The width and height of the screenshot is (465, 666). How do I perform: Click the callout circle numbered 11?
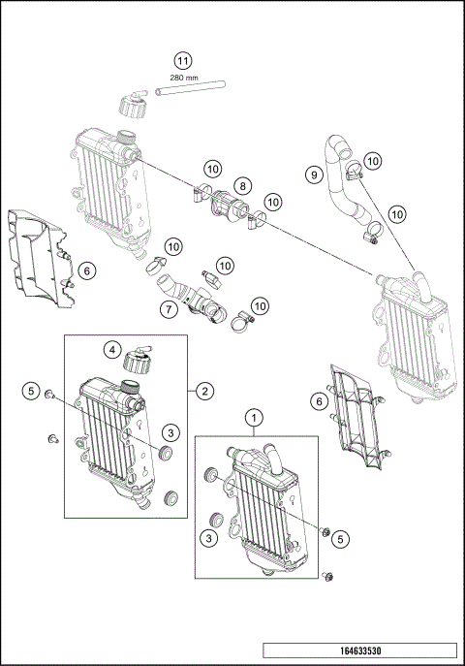182,60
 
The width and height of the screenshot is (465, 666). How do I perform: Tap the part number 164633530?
360,652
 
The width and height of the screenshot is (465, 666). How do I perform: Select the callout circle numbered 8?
242,183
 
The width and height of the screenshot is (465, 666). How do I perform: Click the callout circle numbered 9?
313,174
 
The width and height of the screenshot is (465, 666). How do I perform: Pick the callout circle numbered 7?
168,310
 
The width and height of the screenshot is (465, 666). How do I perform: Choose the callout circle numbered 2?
204,391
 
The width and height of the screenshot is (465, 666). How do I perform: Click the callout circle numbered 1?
255,419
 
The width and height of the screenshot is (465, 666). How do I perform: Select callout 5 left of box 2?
32,392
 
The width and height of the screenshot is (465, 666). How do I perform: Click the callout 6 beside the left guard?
85,271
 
